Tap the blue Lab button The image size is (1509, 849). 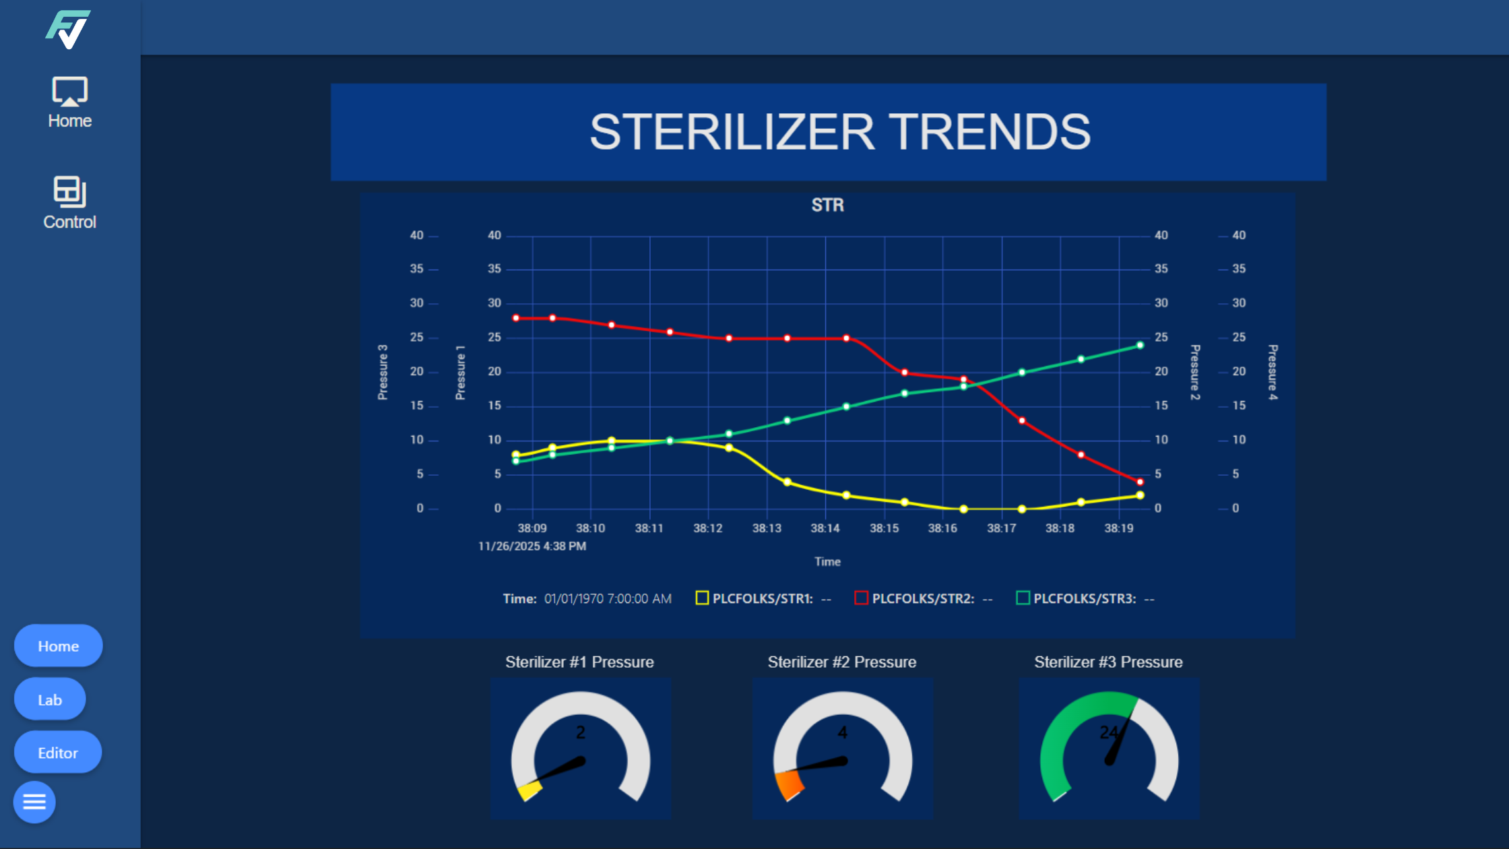[50, 699]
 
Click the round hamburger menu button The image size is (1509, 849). [34, 802]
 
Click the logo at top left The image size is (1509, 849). [68, 30]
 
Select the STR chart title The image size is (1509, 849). [827, 205]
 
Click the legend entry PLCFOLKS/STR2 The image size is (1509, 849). [922, 598]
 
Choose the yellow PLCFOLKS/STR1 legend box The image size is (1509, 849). [702, 598]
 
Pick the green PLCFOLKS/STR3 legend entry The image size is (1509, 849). [1084, 598]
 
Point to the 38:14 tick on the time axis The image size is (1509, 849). [825, 528]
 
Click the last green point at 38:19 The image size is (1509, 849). [1140, 345]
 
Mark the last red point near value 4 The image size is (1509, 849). [1140, 482]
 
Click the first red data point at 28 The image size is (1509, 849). [516, 318]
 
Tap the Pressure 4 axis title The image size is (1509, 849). [1273, 372]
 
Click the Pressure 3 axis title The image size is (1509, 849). [383, 372]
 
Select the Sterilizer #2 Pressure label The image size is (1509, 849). [841, 662]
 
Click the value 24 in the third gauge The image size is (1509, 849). [1109, 732]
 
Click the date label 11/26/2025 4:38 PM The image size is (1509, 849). [532, 546]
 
